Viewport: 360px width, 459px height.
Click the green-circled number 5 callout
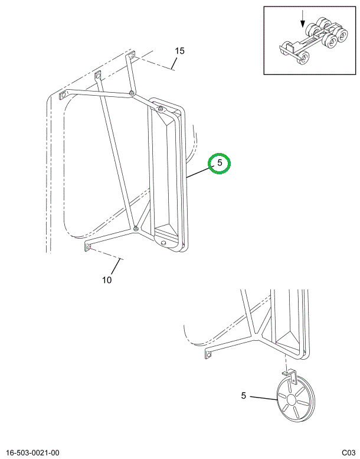point(220,162)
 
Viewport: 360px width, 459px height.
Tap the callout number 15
point(180,51)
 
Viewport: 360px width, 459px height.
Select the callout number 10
point(107,280)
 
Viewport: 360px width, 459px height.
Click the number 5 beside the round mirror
point(244,396)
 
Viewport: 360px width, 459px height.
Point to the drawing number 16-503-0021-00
point(32,453)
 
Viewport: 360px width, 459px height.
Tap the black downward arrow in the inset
point(303,19)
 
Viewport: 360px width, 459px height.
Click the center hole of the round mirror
point(292,399)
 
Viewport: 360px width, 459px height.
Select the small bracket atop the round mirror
point(290,377)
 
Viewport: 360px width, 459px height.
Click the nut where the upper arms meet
point(132,93)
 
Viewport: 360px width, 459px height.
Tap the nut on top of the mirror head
point(161,109)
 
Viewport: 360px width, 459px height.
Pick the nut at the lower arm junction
point(136,229)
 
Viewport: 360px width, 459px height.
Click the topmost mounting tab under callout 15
point(131,56)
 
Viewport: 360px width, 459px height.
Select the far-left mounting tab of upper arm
point(63,96)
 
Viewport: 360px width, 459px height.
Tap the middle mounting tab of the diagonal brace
point(98,76)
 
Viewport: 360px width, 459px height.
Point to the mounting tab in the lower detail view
point(208,354)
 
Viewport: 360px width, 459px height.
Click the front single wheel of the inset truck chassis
point(303,58)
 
